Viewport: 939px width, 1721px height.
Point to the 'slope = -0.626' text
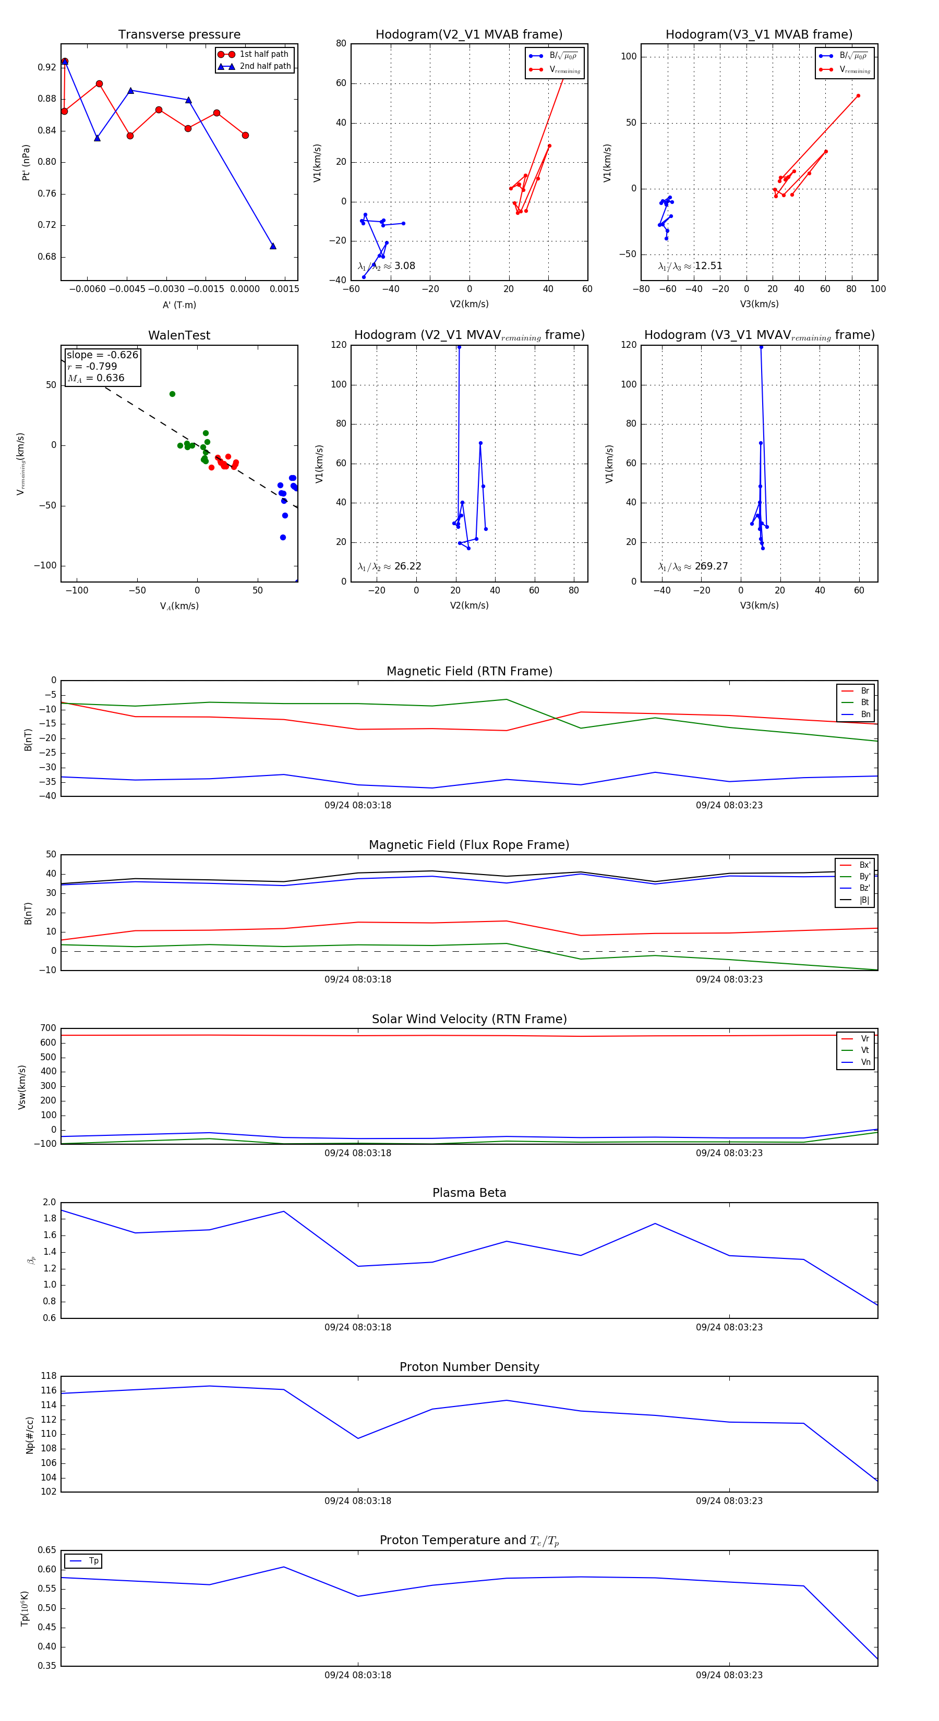tap(102, 355)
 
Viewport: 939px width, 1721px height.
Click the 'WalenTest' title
tap(179, 335)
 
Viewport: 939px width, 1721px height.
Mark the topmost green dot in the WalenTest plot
tap(173, 394)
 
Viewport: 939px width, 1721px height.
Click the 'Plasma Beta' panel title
tap(469, 1193)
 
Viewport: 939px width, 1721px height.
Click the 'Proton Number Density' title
tap(469, 1367)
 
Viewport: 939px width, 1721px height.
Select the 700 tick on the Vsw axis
tap(48, 1028)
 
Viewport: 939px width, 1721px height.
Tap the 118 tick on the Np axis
tap(48, 1376)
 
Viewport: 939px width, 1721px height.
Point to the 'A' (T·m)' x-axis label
tap(179, 305)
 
